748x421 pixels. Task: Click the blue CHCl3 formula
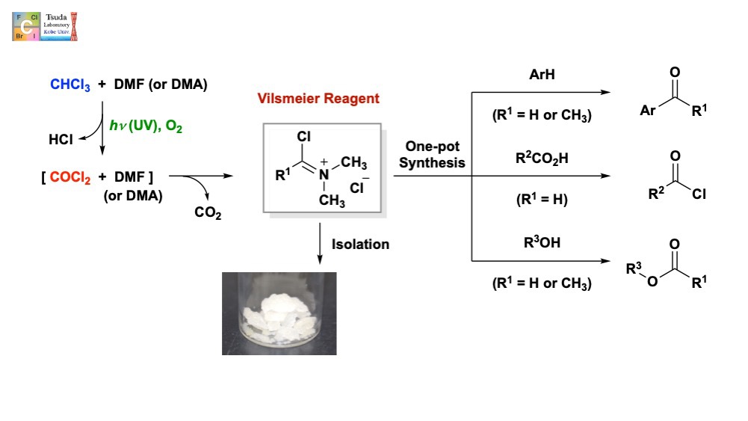coord(70,85)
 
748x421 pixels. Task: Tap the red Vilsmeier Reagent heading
coord(318,99)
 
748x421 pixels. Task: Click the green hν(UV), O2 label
coord(145,128)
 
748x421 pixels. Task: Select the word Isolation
coord(361,245)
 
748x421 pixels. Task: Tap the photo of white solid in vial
coord(279,313)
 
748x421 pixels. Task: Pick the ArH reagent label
coord(541,75)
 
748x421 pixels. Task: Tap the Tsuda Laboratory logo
coord(45,26)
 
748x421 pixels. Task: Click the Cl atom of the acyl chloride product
coord(698,195)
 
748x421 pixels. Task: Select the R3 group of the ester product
coord(633,267)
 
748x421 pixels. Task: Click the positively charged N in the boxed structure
coord(324,174)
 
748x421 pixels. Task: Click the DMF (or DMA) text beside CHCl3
coord(161,85)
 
